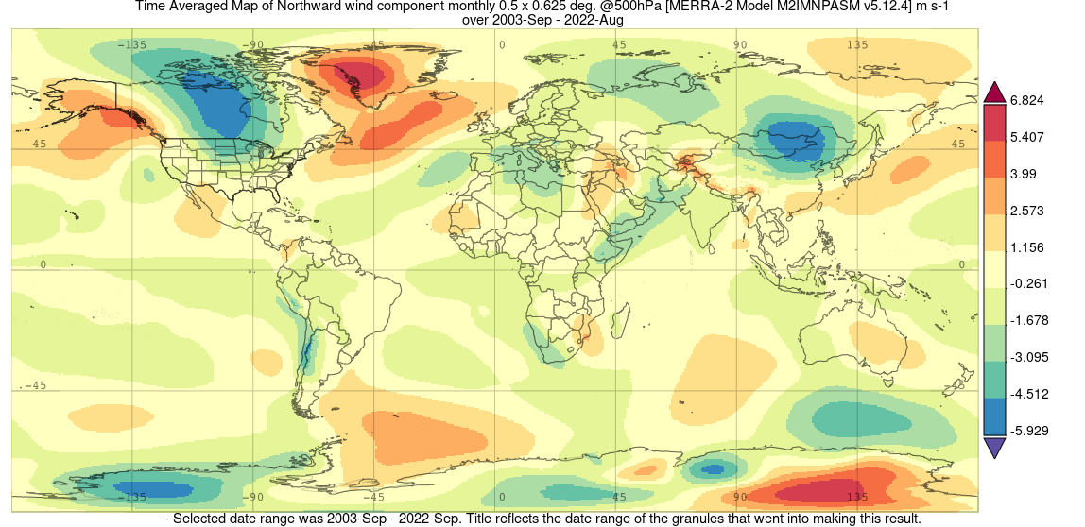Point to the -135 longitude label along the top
(132, 44)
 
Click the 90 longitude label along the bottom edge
(740, 497)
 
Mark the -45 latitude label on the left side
(35, 385)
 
